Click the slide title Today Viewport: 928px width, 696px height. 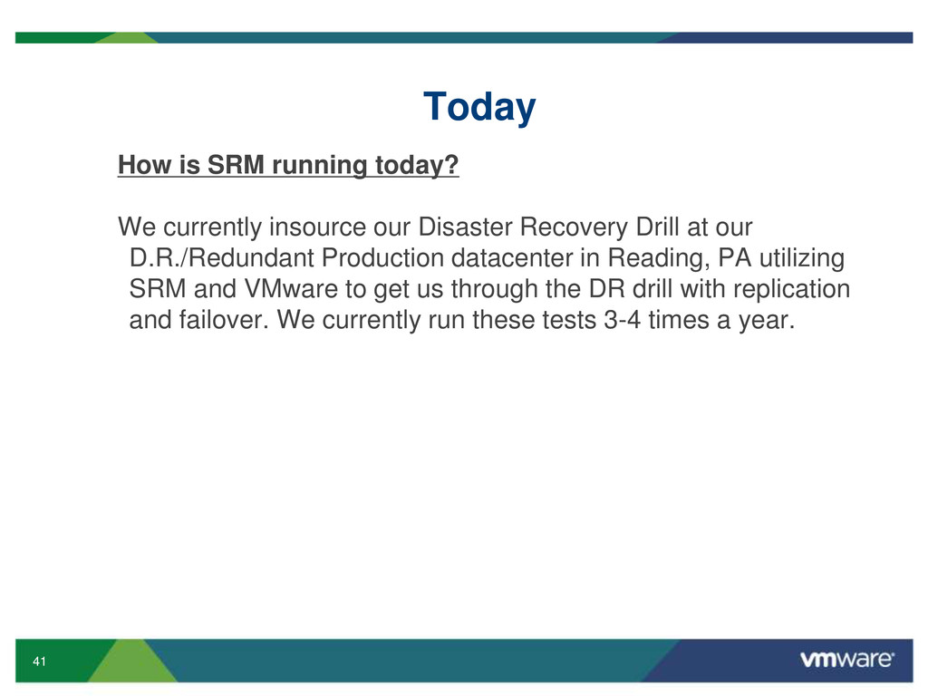click(x=479, y=107)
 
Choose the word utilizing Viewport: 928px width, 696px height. click(x=802, y=259)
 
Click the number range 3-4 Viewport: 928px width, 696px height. click(x=622, y=320)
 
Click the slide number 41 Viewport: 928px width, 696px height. click(x=40, y=661)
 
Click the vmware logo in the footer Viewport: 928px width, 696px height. click(x=847, y=660)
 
